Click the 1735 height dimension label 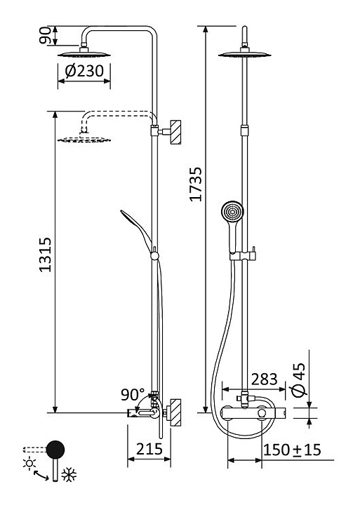196,184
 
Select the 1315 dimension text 46,255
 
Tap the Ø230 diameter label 84,71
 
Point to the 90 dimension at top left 45,35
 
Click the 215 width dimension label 149,449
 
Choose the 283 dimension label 265,379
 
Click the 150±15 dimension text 293,450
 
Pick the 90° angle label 133,394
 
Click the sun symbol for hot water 29,464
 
